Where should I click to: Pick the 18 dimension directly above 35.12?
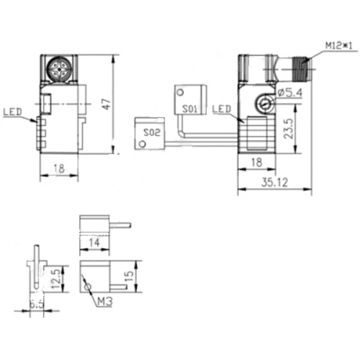pyautogui.click(x=256, y=162)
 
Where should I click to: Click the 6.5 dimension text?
pyautogui.click(x=38, y=304)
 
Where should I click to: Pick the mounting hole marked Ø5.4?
pyautogui.click(x=263, y=105)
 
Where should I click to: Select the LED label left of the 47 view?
pyautogui.click(x=13, y=113)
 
